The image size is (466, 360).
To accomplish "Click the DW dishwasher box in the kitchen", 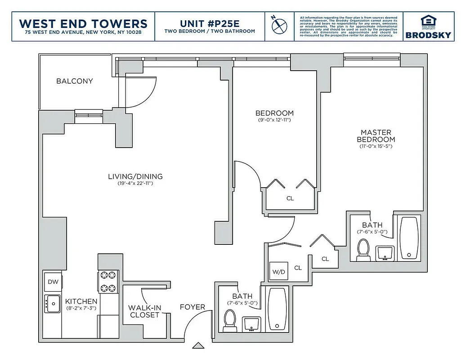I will pos(53,282).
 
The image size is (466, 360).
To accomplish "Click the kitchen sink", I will pos(52,304).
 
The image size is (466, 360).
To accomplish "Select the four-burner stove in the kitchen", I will pos(108,282).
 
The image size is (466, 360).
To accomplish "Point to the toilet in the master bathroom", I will pos(363,250).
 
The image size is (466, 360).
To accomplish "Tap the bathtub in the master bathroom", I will pos(409,238).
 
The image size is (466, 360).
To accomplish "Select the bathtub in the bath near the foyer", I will pos(277,308).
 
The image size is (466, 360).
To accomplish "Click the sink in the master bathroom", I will pos(385,252).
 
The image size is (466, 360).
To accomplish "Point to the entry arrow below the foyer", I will pos(197,346).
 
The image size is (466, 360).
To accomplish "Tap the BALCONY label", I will pos(75,81).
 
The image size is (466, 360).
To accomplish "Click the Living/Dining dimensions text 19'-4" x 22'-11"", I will pos(135,184).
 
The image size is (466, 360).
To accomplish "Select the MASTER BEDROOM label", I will pos(376,136).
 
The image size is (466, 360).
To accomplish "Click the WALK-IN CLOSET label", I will pos(144,311).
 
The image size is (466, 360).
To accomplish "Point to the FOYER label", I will pos(193,307).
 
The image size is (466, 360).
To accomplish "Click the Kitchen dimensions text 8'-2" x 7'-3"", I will pos(81,308).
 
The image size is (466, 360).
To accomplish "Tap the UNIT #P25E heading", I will pos(210,23).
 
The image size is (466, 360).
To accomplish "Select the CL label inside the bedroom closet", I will pos(290,198).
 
